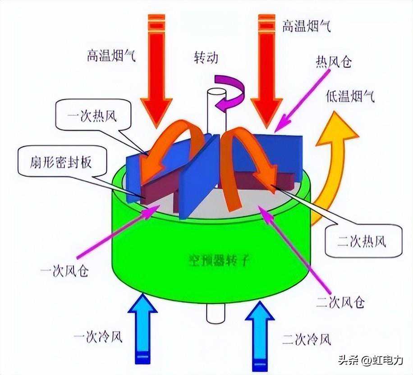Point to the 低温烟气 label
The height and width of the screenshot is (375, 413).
349,97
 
